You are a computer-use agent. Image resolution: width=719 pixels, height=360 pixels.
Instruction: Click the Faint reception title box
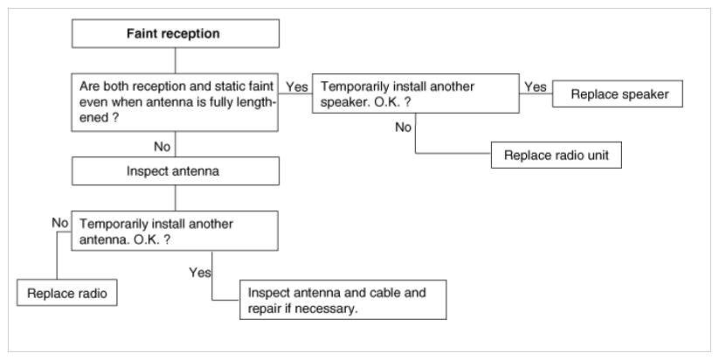coord(176,33)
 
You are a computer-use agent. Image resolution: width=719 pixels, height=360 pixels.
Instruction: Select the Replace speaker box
coord(617,94)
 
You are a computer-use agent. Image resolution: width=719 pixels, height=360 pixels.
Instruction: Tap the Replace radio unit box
coord(557,155)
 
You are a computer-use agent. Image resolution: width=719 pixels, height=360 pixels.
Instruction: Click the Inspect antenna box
coord(176,171)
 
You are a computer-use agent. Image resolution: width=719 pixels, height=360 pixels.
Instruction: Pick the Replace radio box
coord(67,293)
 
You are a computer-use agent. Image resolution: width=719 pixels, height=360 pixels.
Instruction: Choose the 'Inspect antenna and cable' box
coord(343,300)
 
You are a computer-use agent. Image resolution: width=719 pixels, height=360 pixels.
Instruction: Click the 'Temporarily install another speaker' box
coord(416,93)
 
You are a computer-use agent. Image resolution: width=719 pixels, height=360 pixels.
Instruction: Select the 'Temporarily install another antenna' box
coord(175,231)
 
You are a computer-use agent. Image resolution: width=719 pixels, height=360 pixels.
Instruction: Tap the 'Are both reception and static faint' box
coord(175,102)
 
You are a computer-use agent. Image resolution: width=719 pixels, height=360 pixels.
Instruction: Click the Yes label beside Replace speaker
coord(536,87)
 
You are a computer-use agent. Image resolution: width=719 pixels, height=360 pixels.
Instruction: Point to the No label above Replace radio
coord(60,223)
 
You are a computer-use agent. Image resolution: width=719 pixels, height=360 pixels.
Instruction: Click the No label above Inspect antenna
coord(162,147)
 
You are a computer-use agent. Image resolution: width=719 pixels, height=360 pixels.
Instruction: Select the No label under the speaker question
coord(403,128)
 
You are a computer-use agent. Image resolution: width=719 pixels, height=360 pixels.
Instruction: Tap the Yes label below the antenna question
coord(200,273)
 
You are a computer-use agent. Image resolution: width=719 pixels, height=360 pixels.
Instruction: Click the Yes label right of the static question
coord(297,87)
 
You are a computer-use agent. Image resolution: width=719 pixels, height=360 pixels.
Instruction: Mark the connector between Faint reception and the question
coord(176,60)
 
